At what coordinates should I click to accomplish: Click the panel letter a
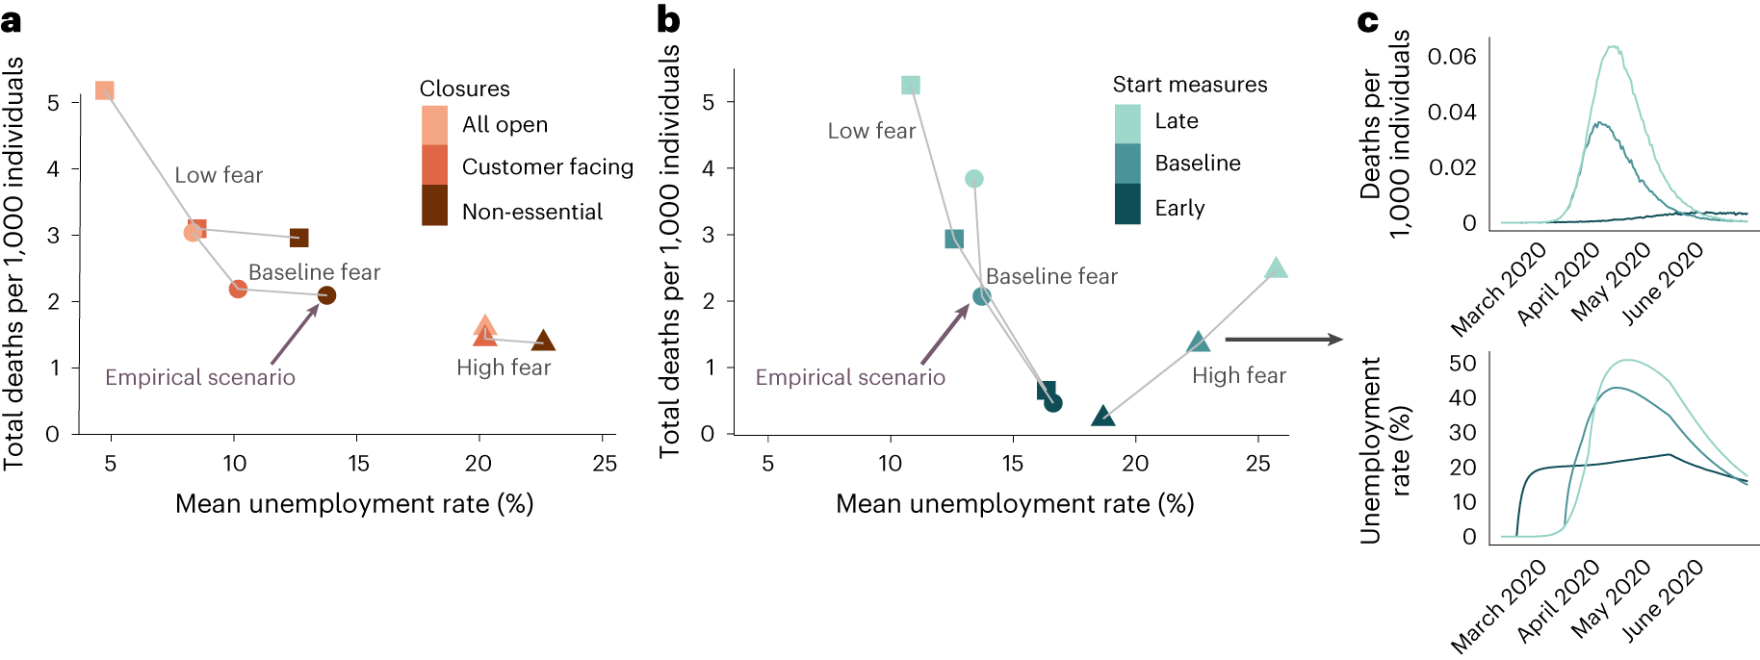[12, 20]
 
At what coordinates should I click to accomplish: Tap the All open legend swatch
[434, 125]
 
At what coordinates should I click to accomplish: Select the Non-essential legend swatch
[434, 206]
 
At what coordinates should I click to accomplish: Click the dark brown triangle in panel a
[543, 341]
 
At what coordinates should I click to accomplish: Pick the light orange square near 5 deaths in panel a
[105, 90]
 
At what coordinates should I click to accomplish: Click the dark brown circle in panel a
[326, 295]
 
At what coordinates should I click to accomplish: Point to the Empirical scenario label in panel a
[200, 377]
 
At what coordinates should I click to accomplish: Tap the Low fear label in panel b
[871, 131]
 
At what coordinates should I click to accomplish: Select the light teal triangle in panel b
[1275, 268]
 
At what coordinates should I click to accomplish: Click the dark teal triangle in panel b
[1103, 417]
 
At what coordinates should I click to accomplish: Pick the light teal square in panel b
[910, 86]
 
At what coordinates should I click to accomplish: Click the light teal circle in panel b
[973, 179]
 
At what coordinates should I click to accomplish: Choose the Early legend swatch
[1127, 204]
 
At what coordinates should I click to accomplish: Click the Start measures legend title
[1190, 85]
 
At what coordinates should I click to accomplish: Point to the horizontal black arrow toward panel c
[1282, 339]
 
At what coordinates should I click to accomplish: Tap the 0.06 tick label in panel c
[1451, 57]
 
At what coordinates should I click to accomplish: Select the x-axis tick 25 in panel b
[1257, 464]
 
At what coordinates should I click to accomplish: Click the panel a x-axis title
[354, 504]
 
